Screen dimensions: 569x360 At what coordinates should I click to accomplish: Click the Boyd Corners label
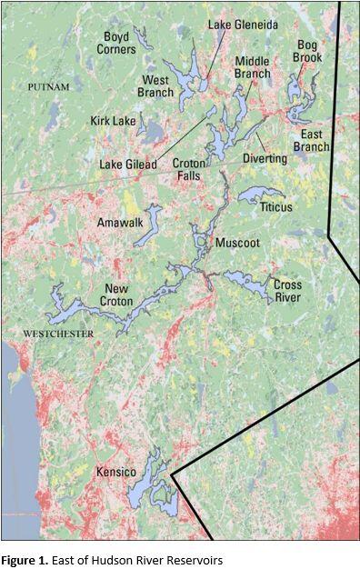(x=116, y=43)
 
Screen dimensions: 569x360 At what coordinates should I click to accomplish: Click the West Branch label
(x=155, y=85)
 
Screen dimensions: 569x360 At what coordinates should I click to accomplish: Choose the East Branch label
(x=310, y=140)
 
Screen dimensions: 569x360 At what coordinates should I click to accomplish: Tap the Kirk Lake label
(x=112, y=120)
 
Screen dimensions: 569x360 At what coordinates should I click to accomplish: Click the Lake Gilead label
(x=127, y=165)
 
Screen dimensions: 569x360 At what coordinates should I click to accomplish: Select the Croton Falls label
(x=189, y=169)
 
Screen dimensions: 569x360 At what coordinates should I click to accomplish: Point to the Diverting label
(x=265, y=158)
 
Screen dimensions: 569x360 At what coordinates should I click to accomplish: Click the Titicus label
(x=275, y=207)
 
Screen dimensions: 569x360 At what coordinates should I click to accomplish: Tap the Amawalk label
(x=120, y=222)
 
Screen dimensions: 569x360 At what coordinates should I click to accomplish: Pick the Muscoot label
(x=237, y=244)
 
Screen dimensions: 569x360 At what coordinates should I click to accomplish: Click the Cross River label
(x=287, y=291)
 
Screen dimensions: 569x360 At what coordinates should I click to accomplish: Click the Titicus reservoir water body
(x=259, y=194)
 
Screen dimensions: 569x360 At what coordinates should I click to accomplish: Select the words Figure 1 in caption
(x=25, y=560)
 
